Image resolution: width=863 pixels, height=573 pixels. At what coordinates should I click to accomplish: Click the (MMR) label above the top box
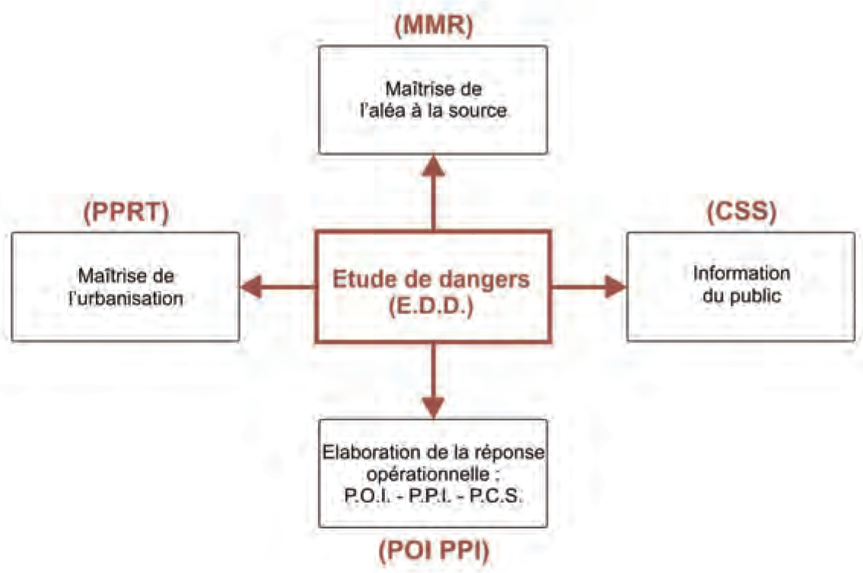433,25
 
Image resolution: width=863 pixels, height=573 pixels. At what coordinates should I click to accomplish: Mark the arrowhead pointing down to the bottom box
433,406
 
